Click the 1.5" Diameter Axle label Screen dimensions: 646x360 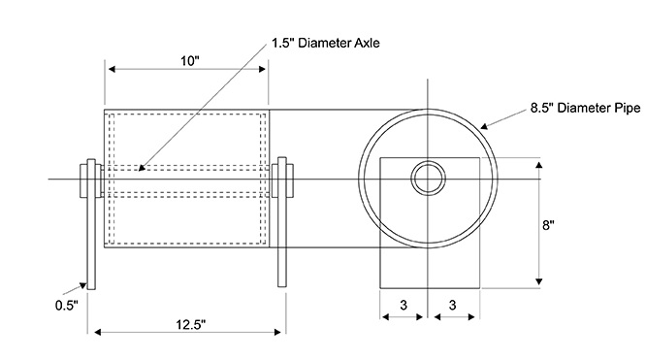tap(326, 43)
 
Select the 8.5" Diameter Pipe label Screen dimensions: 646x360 tap(585, 108)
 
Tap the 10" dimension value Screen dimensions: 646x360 tap(189, 61)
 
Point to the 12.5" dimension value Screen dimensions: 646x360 tap(191, 324)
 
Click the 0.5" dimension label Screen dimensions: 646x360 tap(66, 306)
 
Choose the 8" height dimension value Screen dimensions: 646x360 tap(548, 225)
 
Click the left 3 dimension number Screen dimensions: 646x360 tap(404, 305)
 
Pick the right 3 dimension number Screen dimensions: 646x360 tap(452, 305)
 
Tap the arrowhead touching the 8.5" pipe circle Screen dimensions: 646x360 tap(484, 126)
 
